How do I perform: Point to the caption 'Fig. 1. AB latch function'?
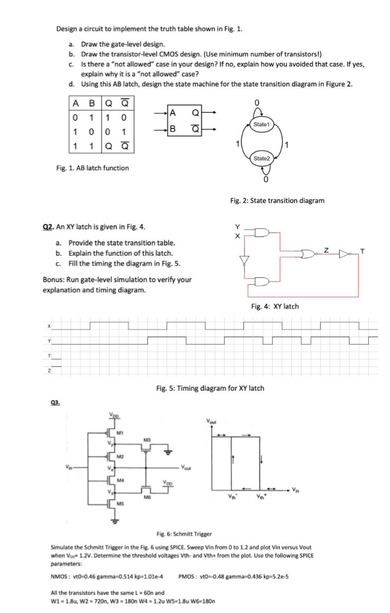[92, 168]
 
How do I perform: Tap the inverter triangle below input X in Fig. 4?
[244, 260]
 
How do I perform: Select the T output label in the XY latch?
[362, 242]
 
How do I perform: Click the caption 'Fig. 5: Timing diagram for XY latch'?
[210, 388]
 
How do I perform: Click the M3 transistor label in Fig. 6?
[147, 439]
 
